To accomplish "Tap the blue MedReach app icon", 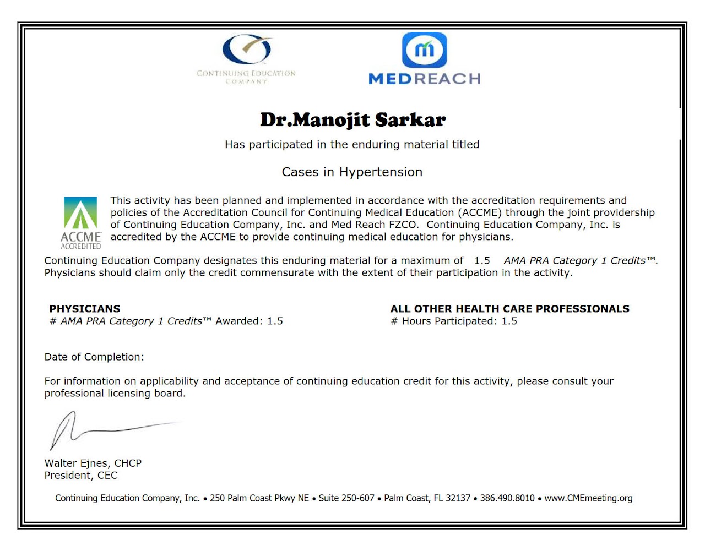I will pyautogui.click(x=424, y=50).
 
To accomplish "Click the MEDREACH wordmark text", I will pyautogui.click(x=424, y=79).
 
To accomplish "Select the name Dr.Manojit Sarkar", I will pyautogui.click(x=352, y=119).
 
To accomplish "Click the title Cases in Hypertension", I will pyautogui.click(x=352, y=172).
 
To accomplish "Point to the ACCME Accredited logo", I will pyautogui.click(x=80, y=222).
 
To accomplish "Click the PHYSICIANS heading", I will pyautogui.click(x=85, y=309).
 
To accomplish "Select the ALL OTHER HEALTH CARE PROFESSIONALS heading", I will pyautogui.click(x=509, y=309).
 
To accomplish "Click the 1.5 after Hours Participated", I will pyautogui.click(x=509, y=321).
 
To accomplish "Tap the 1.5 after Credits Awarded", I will pyautogui.click(x=275, y=321).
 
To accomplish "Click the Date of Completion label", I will pyautogui.click(x=94, y=357).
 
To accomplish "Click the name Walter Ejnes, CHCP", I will pyautogui.click(x=93, y=463).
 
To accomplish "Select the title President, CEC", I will pyautogui.click(x=81, y=476).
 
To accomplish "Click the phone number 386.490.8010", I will pyautogui.click(x=507, y=498).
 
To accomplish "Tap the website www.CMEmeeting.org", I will pyautogui.click(x=588, y=498).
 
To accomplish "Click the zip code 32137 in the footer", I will pyautogui.click(x=458, y=498).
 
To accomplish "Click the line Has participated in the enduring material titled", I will pyautogui.click(x=352, y=145).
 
